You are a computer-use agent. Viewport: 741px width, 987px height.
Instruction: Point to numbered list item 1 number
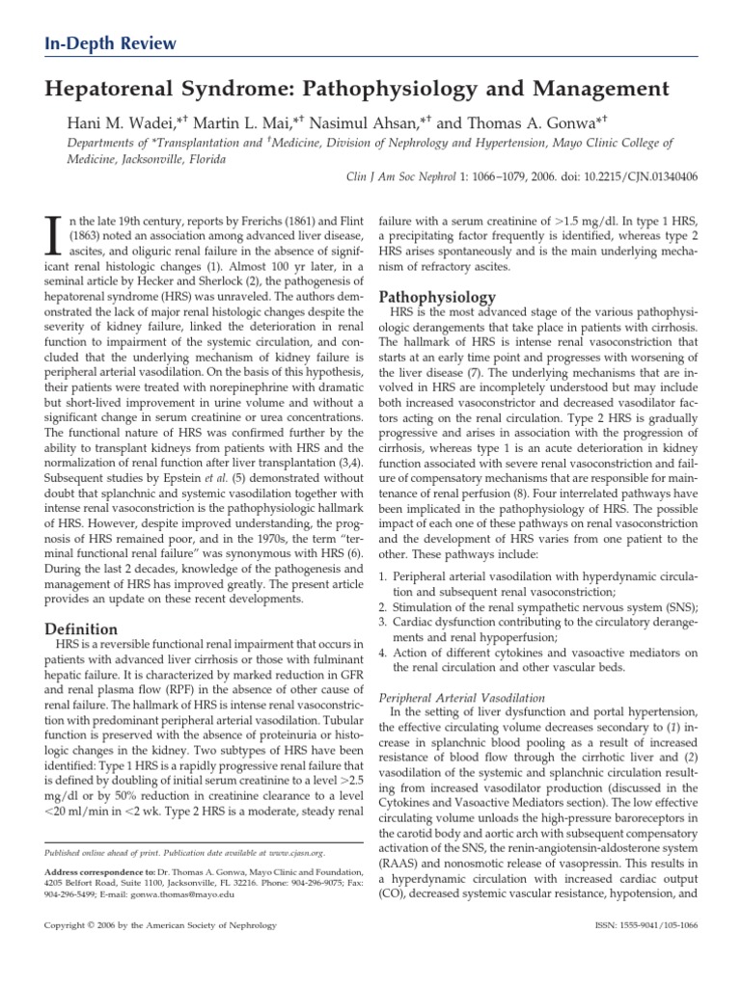click(384, 575)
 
